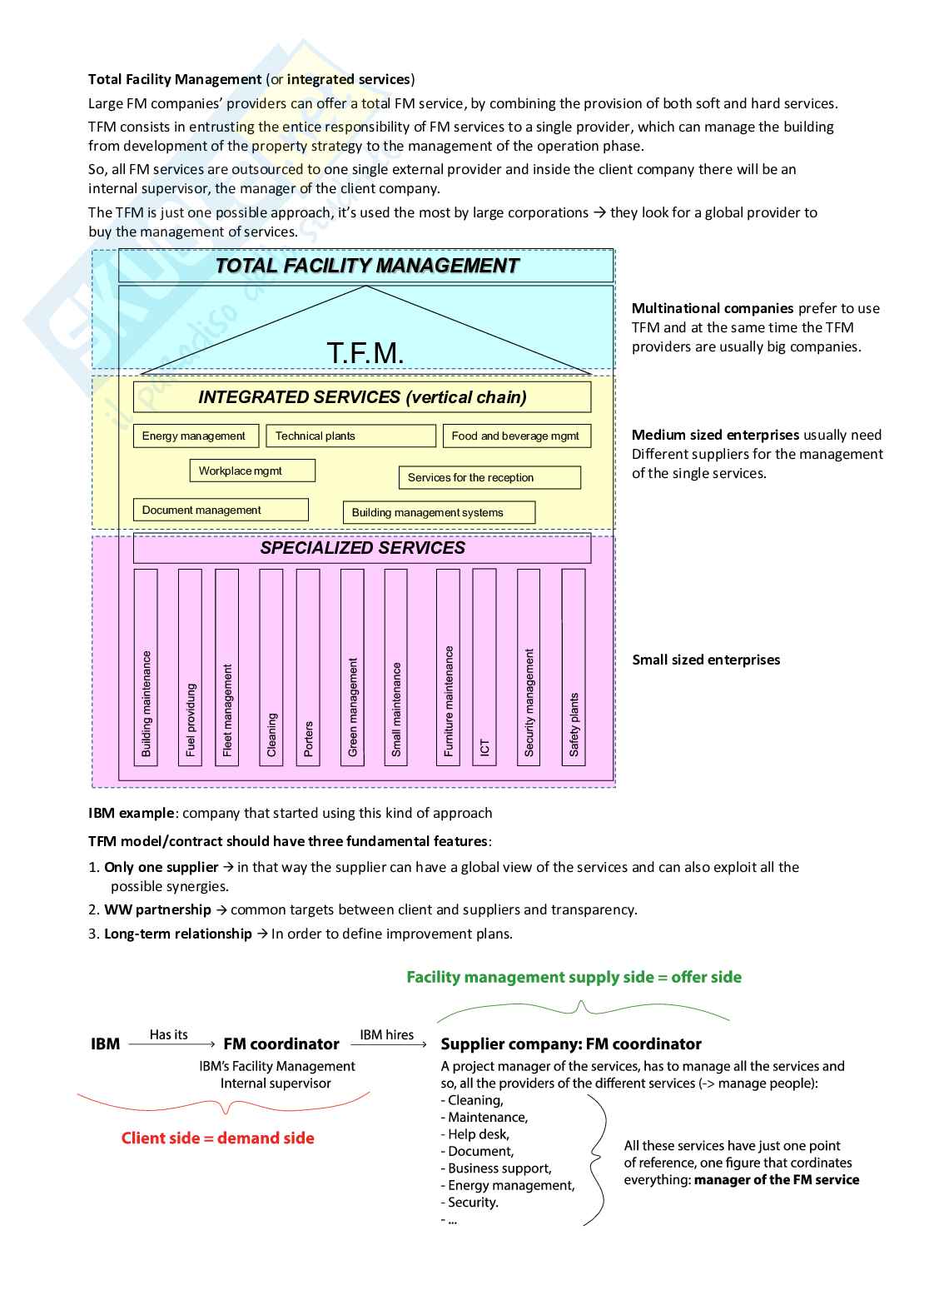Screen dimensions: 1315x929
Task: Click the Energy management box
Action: [193, 436]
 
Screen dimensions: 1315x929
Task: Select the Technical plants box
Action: [350, 436]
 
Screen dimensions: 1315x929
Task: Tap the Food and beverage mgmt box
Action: [515, 436]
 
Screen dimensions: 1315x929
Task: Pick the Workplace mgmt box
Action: [252, 471]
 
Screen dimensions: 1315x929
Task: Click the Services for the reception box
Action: [489, 477]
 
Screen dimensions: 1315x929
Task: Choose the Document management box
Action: [221, 510]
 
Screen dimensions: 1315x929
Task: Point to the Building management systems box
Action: [439, 512]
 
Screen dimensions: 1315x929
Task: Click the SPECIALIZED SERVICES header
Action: [362, 548]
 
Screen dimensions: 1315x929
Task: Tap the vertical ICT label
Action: [484, 747]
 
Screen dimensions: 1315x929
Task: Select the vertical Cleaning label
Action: [271, 734]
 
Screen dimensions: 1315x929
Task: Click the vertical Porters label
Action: [308, 738]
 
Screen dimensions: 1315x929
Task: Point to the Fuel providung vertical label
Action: [191, 720]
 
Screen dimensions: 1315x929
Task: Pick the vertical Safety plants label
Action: [574, 724]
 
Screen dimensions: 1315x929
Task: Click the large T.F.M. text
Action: [365, 353]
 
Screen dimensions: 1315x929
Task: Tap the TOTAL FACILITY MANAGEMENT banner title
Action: [366, 266]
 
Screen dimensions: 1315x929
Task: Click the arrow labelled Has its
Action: [169, 1044]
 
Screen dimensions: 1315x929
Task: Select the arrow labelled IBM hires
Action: [386, 1044]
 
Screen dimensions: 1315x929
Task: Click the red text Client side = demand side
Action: [218, 1138]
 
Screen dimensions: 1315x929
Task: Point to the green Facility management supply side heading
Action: [574, 977]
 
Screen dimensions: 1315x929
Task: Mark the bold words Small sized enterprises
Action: [706, 660]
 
